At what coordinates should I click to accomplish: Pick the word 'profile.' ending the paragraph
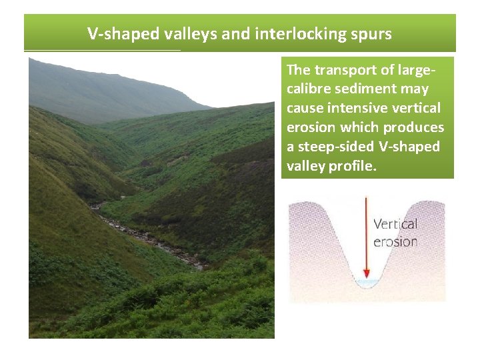coord(353,166)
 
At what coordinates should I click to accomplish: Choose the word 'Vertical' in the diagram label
coord(395,225)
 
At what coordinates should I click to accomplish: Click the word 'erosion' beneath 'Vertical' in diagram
coord(395,241)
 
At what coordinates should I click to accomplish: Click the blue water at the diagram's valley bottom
coord(366,284)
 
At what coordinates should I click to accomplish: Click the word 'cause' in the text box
coord(304,108)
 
